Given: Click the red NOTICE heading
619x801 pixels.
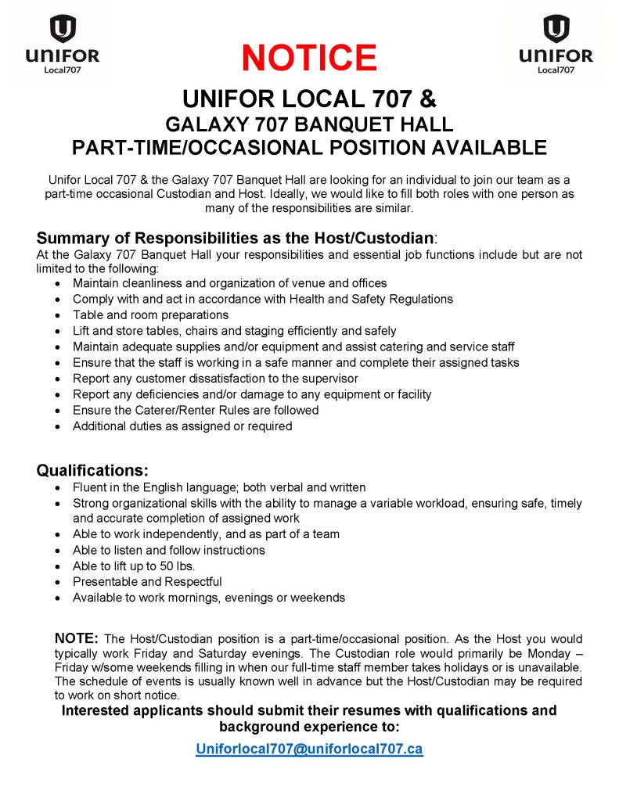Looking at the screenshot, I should point(309,57).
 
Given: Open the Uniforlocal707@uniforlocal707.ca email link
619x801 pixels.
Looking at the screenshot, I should point(309,749).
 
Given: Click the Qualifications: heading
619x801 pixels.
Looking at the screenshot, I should point(92,470).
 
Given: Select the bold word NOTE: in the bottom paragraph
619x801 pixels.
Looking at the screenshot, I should point(76,638).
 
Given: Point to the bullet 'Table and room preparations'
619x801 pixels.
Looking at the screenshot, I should point(150,314).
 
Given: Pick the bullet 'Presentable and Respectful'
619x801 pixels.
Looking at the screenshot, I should point(147,581).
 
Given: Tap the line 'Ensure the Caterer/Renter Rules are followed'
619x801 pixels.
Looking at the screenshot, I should point(196,410).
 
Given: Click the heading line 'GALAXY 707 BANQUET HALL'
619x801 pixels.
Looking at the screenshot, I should point(309,124).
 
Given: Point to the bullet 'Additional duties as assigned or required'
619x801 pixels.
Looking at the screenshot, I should point(182,426).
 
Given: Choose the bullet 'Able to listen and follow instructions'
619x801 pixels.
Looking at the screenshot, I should point(168,550).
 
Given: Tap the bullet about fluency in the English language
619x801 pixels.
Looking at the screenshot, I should point(219,487).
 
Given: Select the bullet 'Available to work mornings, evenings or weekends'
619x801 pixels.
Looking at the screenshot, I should point(208,598).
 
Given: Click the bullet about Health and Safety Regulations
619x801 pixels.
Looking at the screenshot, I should point(262,299).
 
